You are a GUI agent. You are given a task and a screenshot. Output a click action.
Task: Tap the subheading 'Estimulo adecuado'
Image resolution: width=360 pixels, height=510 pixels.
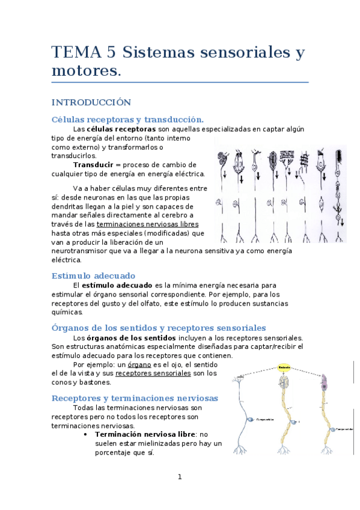pyautogui.click(x=93, y=275)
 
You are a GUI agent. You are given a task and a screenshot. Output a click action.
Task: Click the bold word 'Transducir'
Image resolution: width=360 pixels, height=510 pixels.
pyautogui.click(x=93, y=164)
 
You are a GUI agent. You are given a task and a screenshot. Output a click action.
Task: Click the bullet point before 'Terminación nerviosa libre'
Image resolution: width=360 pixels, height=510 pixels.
pyautogui.click(x=88, y=434)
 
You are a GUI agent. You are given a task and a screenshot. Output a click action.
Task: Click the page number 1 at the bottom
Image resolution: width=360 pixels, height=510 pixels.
pyautogui.click(x=179, y=477)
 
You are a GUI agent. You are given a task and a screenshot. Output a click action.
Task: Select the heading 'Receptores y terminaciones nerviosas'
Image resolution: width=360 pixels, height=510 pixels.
pyautogui.click(x=135, y=398)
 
